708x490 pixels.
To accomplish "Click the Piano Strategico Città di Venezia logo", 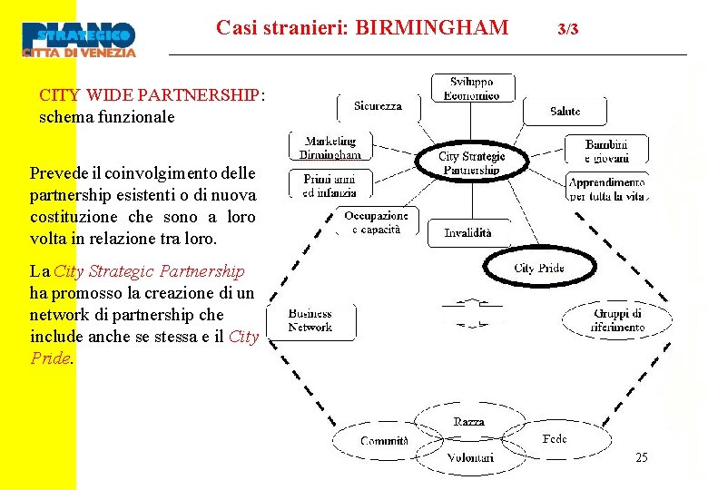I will pos(80,38).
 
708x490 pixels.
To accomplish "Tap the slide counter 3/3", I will pos(567,30).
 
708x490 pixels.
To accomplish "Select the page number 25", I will pos(642,458).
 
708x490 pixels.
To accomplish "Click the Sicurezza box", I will pos(378,106).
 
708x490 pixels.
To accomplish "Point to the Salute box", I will pos(565,112).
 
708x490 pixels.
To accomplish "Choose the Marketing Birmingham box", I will pos(331,148).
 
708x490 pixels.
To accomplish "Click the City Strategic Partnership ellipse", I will pos(471,163).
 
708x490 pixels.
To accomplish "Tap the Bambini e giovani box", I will pos(606,150).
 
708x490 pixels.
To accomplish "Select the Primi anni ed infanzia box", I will pos(329,185).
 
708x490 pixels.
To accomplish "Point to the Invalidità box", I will pos(467,233).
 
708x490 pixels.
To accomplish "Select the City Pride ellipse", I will pos(538,269).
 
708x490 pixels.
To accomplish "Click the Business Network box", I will pos(311,320).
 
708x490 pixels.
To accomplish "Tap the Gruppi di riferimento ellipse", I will pos(618,320).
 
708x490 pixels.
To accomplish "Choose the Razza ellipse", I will pos(469,422).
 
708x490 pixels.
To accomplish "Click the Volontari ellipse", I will pos(470,457).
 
